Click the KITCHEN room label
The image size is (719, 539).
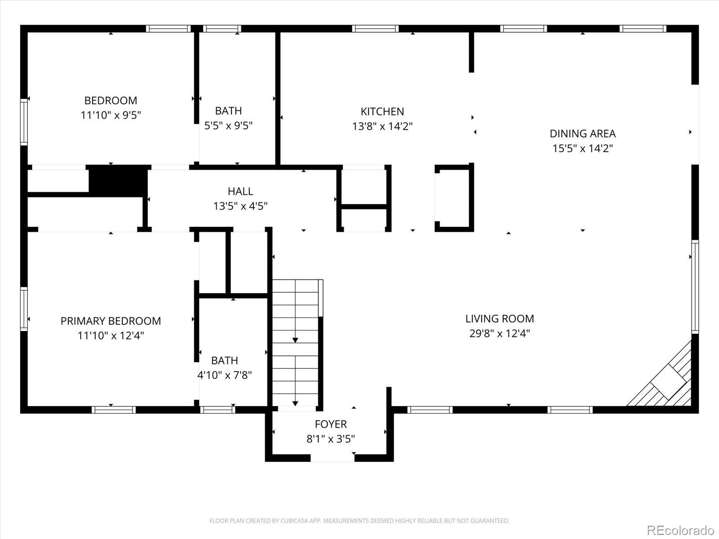[382, 111]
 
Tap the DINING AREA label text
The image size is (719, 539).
[582, 133]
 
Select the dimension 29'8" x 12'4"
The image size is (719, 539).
[499, 333]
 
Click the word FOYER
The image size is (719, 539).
[331, 424]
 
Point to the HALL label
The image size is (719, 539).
[240, 191]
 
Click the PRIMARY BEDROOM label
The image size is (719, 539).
[111, 321]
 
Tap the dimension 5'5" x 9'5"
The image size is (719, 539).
[228, 125]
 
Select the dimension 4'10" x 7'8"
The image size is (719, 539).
[224, 375]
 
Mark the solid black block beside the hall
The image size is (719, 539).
[118, 181]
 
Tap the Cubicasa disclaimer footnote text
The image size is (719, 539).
[359, 521]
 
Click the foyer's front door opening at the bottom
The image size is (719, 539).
[333, 458]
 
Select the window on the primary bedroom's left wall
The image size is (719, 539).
[24, 309]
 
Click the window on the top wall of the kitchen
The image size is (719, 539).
[375, 29]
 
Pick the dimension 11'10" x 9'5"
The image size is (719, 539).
[111, 115]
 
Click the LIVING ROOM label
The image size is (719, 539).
[499, 318]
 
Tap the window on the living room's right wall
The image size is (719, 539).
[695, 286]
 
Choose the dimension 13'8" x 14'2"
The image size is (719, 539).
[382, 126]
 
